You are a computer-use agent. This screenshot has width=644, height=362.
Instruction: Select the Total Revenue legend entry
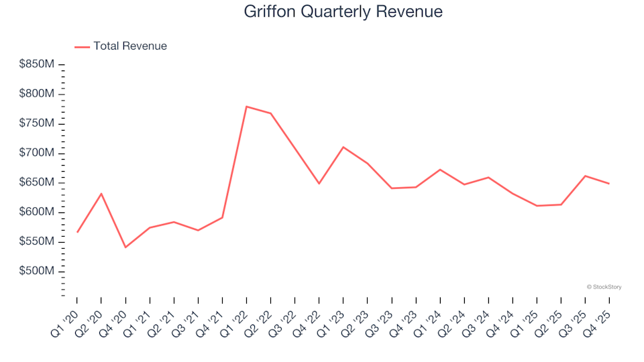(x=129, y=46)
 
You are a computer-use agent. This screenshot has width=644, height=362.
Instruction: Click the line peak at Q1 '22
(x=247, y=107)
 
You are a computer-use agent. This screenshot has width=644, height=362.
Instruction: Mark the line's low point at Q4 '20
(x=125, y=247)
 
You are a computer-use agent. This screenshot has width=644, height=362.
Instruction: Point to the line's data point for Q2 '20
(x=101, y=194)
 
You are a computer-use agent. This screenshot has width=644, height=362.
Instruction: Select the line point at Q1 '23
(x=343, y=147)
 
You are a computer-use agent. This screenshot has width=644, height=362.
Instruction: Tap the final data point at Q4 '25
(x=609, y=184)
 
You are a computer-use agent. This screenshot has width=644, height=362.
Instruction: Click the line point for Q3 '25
(x=585, y=176)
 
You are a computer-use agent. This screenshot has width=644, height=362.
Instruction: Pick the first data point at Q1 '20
(x=77, y=232)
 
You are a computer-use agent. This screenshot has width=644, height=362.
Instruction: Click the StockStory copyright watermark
(x=604, y=287)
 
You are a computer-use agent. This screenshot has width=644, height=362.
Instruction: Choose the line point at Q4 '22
(x=319, y=184)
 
